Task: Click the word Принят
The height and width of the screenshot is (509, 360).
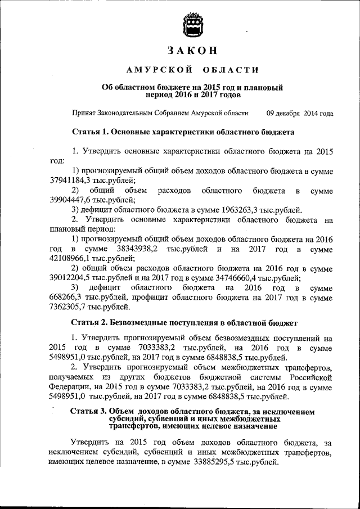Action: pyautogui.click(x=85, y=113)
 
